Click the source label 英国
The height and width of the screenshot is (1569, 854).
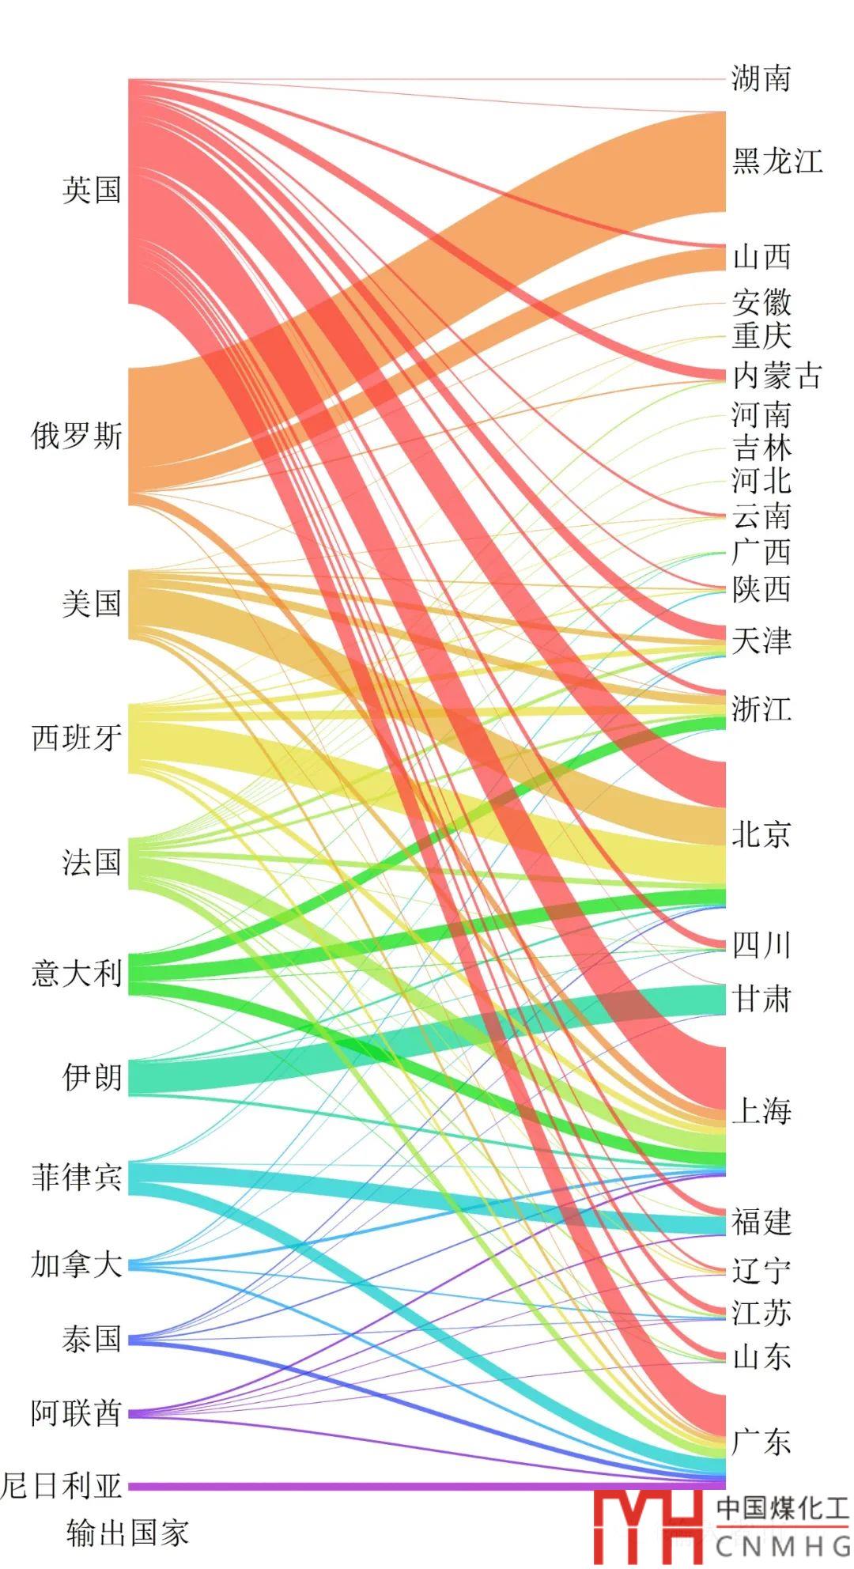click(92, 190)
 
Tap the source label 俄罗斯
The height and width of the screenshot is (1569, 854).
click(77, 436)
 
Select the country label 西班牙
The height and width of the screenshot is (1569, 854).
click(77, 738)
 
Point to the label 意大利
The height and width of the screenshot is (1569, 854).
click(77, 973)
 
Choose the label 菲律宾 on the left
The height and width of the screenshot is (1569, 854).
click(77, 1178)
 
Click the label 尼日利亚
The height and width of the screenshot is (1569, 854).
click(62, 1486)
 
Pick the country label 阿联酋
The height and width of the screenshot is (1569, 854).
click(77, 1412)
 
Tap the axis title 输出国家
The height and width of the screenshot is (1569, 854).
click(127, 1533)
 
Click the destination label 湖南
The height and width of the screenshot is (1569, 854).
click(761, 78)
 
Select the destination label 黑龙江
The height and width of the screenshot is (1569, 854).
click(777, 161)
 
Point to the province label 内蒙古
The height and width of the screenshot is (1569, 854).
click(777, 376)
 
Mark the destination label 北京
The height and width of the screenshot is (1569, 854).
click(761, 834)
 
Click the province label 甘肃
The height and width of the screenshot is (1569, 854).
click(761, 999)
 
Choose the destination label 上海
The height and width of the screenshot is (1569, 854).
click(761, 1111)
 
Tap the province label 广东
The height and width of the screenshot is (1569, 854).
click(761, 1442)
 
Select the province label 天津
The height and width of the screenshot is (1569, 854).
click(761, 641)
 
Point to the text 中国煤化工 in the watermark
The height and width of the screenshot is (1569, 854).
click(782, 1508)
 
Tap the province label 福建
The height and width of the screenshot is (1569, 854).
click(761, 1222)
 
